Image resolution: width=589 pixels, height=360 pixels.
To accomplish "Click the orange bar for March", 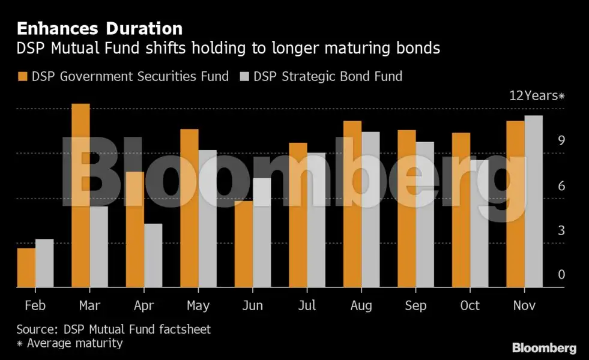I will pyautogui.click(x=80, y=196).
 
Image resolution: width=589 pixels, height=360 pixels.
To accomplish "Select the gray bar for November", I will pyautogui.click(x=534, y=202).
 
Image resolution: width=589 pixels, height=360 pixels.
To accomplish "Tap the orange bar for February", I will pyautogui.click(x=26, y=268).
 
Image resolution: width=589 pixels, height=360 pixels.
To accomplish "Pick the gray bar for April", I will pyautogui.click(x=153, y=256).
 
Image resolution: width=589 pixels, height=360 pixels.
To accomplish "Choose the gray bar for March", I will pyautogui.click(x=99, y=247).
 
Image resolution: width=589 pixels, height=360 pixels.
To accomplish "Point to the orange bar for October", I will pyautogui.click(x=461, y=210).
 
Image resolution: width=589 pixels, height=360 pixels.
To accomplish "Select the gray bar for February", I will pyautogui.click(x=44, y=263).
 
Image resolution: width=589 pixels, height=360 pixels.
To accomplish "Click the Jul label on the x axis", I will pyautogui.click(x=307, y=305).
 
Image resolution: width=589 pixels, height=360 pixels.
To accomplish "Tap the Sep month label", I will pyautogui.click(x=415, y=305).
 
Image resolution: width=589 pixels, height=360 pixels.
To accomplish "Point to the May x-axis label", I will pyautogui.click(x=198, y=305).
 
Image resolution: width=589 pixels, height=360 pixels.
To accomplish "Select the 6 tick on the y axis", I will pyautogui.click(x=561, y=186).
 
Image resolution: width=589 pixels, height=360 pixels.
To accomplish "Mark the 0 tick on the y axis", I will pyautogui.click(x=561, y=275).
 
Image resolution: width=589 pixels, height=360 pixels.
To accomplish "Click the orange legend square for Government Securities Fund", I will pyautogui.click(x=23, y=76).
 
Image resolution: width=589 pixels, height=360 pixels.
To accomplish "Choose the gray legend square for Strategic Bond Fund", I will pyautogui.click(x=244, y=76).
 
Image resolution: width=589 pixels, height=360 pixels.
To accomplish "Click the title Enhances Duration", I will pyautogui.click(x=99, y=28).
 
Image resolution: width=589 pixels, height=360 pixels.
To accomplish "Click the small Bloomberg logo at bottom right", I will pyautogui.click(x=544, y=348).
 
